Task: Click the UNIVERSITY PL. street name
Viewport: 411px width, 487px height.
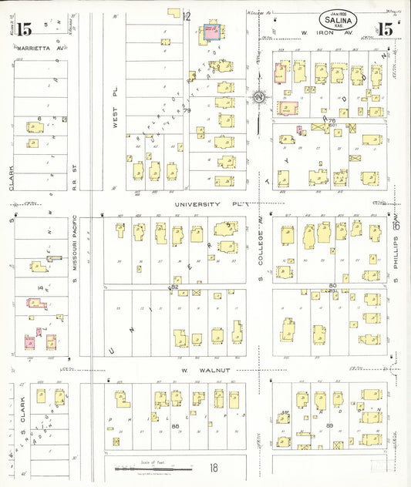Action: pyautogui.click(x=210, y=205)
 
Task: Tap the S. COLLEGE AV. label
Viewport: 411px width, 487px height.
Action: pyautogui.click(x=261, y=250)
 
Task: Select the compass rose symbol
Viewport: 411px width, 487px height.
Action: pyautogui.click(x=260, y=98)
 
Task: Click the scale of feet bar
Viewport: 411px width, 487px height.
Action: pyautogui.click(x=154, y=468)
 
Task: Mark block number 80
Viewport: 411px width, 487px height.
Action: pyautogui.click(x=332, y=286)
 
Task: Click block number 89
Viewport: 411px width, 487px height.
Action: pyautogui.click(x=329, y=425)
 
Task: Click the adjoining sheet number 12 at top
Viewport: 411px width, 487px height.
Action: pyautogui.click(x=187, y=15)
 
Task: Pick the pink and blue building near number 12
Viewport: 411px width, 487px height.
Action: pyautogui.click(x=210, y=32)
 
